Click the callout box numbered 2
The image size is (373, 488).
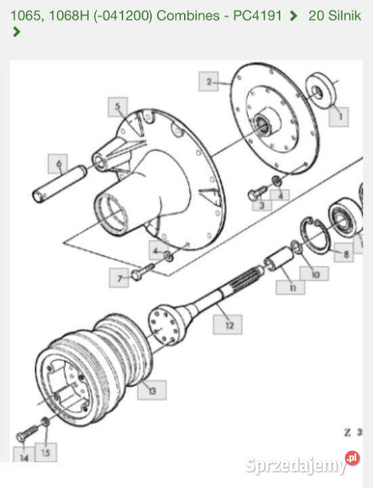click(x=209, y=81)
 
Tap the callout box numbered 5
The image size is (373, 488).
click(x=118, y=107)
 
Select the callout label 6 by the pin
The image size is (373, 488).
click(x=58, y=164)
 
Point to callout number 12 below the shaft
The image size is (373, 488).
click(x=227, y=325)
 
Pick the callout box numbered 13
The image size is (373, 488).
click(x=152, y=390)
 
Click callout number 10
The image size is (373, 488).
click(x=314, y=274)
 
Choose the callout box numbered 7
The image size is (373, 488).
click(x=119, y=278)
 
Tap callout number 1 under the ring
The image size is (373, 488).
click(x=338, y=117)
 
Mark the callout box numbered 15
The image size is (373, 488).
click(x=46, y=452)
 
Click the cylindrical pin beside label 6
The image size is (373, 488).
click(x=60, y=184)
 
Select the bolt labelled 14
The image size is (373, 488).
click(x=28, y=433)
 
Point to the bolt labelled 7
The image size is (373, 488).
click(x=143, y=271)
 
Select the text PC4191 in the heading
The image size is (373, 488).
click(x=257, y=15)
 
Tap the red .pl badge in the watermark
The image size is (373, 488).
click(x=352, y=457)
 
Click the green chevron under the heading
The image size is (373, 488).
click(x=17, y=32)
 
